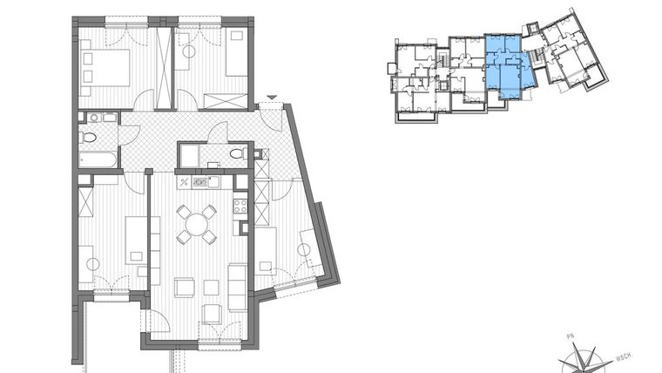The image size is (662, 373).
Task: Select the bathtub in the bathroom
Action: tap(96, 159)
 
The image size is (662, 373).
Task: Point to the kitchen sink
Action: tap(199, 182)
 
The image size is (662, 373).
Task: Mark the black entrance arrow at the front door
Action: tap(272, 98)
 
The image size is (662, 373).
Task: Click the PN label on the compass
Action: tap(571, 335)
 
